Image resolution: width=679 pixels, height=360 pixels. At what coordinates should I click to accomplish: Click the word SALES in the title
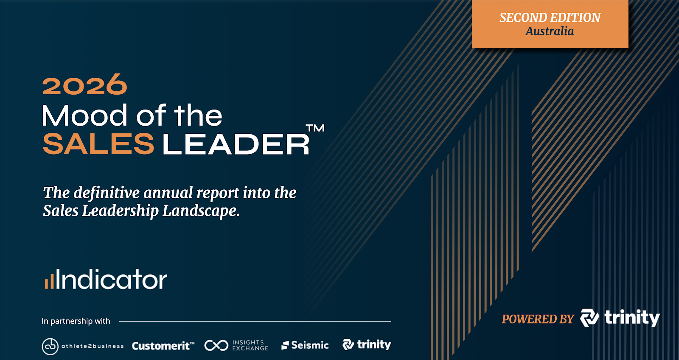[98, 144]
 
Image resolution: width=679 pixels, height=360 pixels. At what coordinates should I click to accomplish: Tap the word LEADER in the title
[236, 144]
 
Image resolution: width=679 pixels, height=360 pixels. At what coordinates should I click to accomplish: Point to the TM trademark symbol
[315, 128]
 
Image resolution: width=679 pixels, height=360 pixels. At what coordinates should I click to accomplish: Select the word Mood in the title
[84, 115]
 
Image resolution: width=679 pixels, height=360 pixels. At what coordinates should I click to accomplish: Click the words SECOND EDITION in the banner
[550, 17]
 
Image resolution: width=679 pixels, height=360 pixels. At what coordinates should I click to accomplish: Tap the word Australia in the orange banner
[550, 31]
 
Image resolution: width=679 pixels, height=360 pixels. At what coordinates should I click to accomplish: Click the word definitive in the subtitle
[107, 193]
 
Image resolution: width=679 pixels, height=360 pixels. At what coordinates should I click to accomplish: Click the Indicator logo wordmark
[111, 279]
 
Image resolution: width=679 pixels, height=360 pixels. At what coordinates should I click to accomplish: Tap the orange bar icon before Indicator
[50, 281]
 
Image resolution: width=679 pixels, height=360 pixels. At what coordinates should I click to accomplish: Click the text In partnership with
[76, 321]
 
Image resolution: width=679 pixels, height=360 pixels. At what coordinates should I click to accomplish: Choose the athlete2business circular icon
[50, 346]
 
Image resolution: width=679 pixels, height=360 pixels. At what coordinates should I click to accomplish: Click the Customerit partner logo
[163, 346]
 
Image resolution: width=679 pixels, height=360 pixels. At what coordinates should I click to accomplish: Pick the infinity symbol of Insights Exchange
[216, 345]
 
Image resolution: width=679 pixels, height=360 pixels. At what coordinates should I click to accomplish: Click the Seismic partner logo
[305, 345]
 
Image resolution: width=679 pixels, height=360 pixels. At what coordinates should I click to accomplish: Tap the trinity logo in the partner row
[367, 344]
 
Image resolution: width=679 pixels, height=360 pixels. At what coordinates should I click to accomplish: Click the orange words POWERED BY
[538, 319]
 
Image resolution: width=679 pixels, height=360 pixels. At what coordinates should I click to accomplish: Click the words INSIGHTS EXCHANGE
[250, 345]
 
